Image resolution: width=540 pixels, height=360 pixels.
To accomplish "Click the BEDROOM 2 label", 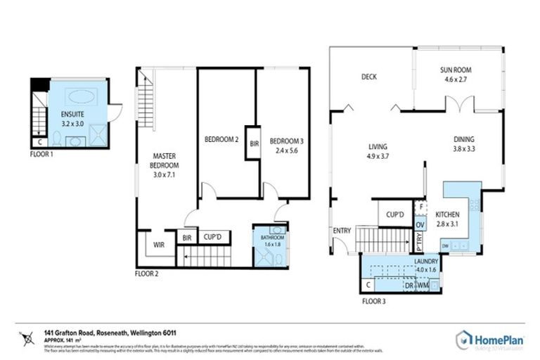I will [221, 139].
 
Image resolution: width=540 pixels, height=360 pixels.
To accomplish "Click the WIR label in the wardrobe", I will [159, 245].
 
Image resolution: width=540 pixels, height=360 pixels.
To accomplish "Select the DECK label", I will [370, 77].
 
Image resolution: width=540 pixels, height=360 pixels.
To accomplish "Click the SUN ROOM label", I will [456, 70].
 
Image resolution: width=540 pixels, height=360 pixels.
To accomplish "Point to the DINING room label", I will [463, 139].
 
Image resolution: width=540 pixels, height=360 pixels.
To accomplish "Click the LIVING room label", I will [378, 147].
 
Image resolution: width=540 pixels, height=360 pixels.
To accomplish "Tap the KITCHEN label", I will [447, 214].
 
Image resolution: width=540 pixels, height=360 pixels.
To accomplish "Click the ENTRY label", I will [342, 231].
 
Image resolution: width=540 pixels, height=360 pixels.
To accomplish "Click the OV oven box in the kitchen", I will [420, 224].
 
